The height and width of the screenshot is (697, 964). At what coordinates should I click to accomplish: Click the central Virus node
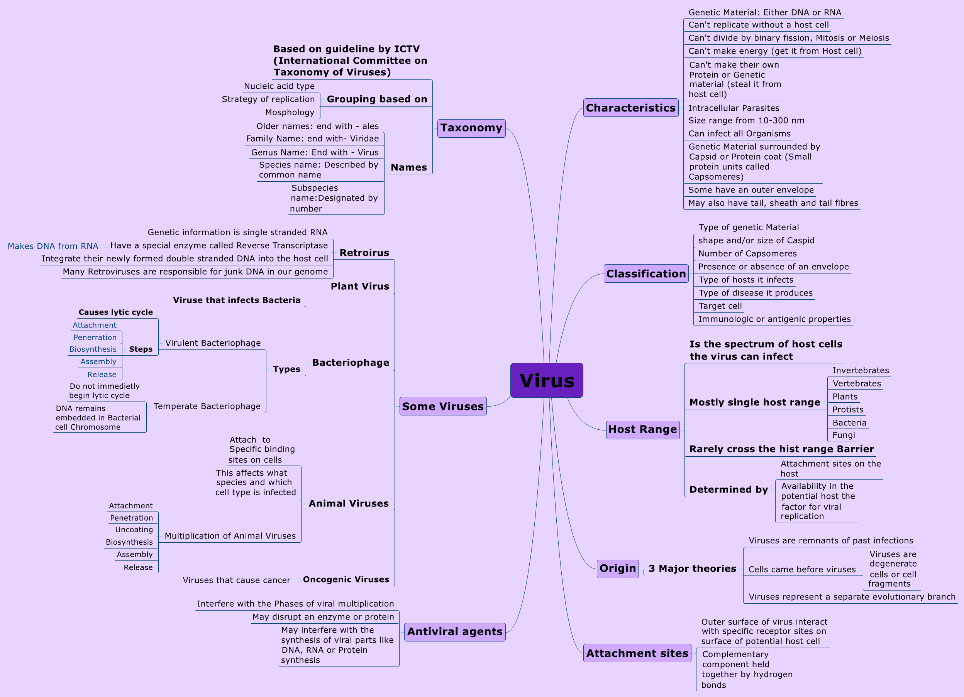point(547,381)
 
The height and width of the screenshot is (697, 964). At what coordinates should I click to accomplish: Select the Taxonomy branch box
point(471,128)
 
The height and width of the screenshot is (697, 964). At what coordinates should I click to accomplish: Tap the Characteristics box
point(630,108)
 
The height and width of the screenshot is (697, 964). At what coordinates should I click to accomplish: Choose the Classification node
point(645,273)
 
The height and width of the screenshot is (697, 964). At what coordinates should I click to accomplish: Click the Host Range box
point(642,429)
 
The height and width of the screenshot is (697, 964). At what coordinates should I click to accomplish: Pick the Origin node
point(618,568)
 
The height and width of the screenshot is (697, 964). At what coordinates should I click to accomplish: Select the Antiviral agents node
point(454,631)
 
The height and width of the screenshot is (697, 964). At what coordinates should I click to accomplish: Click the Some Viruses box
point(442,407)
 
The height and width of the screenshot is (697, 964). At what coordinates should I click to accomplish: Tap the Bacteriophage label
point(351,362)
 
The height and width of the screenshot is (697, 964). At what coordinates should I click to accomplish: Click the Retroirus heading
point(364,253)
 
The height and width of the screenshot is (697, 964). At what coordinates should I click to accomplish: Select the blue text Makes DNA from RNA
point(53,246)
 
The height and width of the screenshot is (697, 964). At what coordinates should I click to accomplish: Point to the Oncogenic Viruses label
point(346,579)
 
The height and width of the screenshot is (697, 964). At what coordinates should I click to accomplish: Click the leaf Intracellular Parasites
point(734,108)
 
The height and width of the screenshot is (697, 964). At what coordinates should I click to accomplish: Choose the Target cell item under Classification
point(720,306)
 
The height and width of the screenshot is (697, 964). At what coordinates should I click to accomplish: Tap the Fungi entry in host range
point(843,435)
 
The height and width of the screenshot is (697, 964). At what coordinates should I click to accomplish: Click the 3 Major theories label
point(692,569)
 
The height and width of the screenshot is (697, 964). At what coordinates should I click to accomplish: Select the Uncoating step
point(134,530)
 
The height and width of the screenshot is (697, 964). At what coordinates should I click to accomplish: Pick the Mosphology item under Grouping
point(290,112)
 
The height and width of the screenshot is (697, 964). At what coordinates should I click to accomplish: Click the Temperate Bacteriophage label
point(207,407)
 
